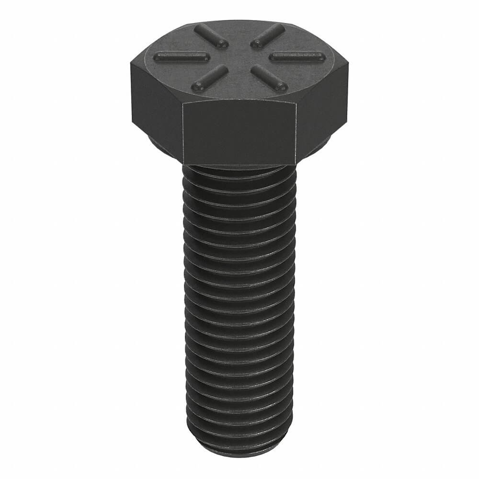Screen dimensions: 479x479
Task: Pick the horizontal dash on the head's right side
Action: coord(297,57)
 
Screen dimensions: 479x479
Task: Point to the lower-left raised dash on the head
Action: coord(209,78)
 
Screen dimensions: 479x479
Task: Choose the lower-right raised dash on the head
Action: coord(269,78)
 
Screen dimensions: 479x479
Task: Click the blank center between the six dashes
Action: coord(239,57)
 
